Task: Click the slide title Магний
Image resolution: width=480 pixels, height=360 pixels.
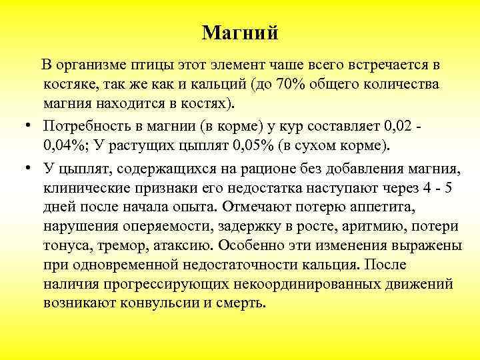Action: point(239,31)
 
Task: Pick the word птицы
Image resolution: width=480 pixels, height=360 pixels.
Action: point(151,65)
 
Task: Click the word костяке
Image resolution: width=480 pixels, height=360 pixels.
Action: point(68,85)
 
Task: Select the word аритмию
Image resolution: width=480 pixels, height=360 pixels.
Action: point(357,227)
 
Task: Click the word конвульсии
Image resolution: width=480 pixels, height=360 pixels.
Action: point(143,303)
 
